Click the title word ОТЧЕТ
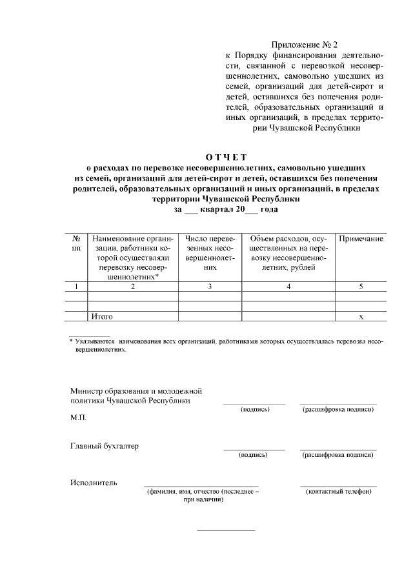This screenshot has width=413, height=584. [226, 156]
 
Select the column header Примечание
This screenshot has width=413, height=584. [361, 239]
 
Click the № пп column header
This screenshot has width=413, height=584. [76, 243]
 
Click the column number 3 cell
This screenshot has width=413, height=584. [210, 286]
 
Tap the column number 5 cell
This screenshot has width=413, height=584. [361, 286]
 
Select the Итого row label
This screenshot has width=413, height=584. [103, 316]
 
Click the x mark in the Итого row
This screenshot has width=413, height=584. [361, 317]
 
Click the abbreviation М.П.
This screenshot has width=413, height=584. [79, 418]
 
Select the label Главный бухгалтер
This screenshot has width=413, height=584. [104, 446]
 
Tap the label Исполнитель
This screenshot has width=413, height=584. [94, 483]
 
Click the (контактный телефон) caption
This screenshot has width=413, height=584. [338, 492]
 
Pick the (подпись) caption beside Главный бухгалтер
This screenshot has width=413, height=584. [254, 455]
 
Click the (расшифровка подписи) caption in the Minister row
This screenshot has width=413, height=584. [338, 410]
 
